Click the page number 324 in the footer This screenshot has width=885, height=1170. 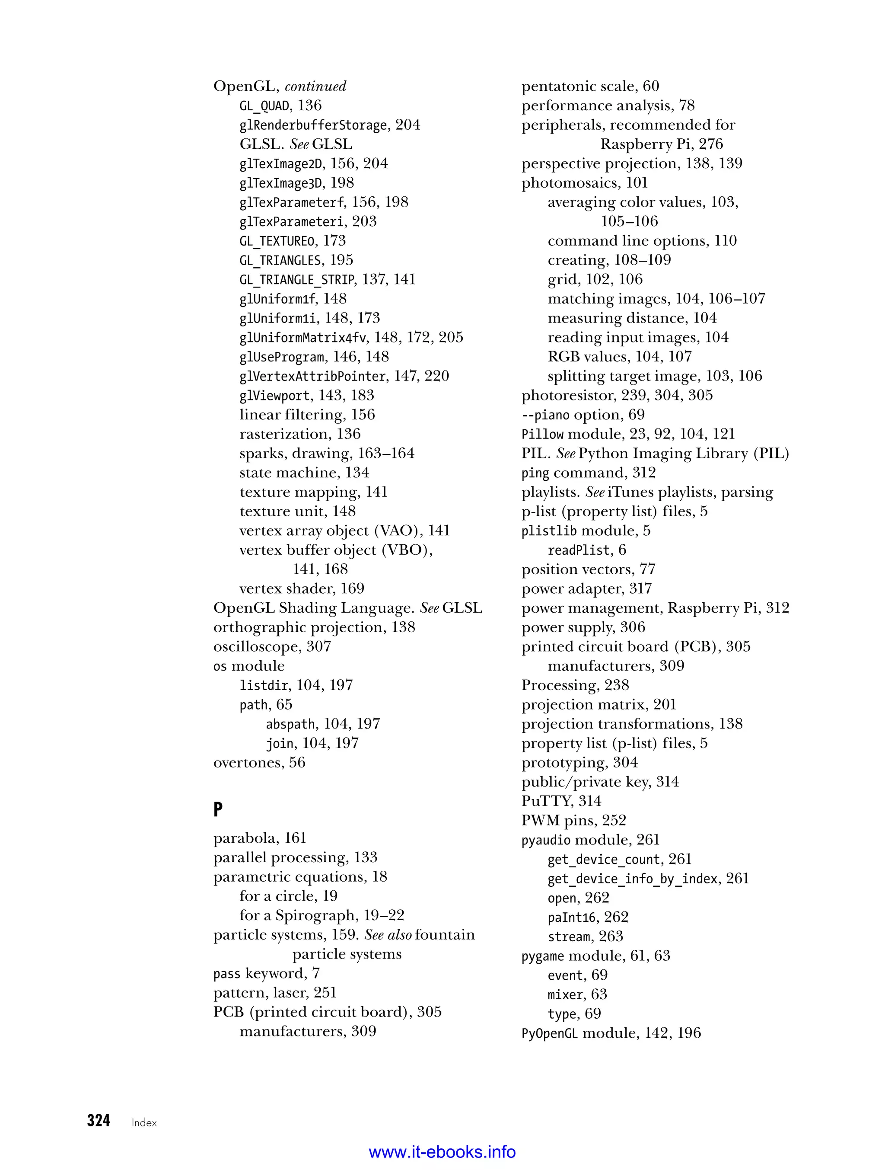click(99, 1120)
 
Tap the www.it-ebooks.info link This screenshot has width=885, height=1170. click(442, 1152)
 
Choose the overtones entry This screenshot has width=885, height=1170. click(259, 762)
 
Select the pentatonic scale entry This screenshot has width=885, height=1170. click(590, 86)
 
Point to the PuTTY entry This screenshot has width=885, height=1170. click(561, 801)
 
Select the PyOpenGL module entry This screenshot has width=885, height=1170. click(611, 1033)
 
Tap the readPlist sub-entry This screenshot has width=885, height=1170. click(586, 550)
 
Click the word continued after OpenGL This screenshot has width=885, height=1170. click(315, 86)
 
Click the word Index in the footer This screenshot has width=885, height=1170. click(144, 1122)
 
